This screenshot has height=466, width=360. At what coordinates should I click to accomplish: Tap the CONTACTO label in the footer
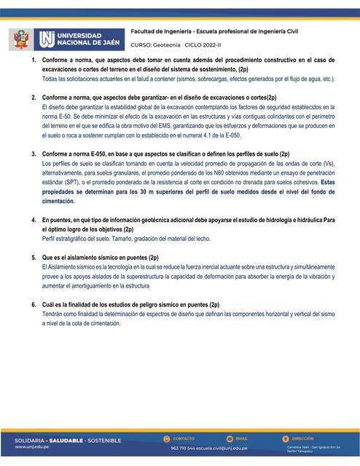click(184, 438)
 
